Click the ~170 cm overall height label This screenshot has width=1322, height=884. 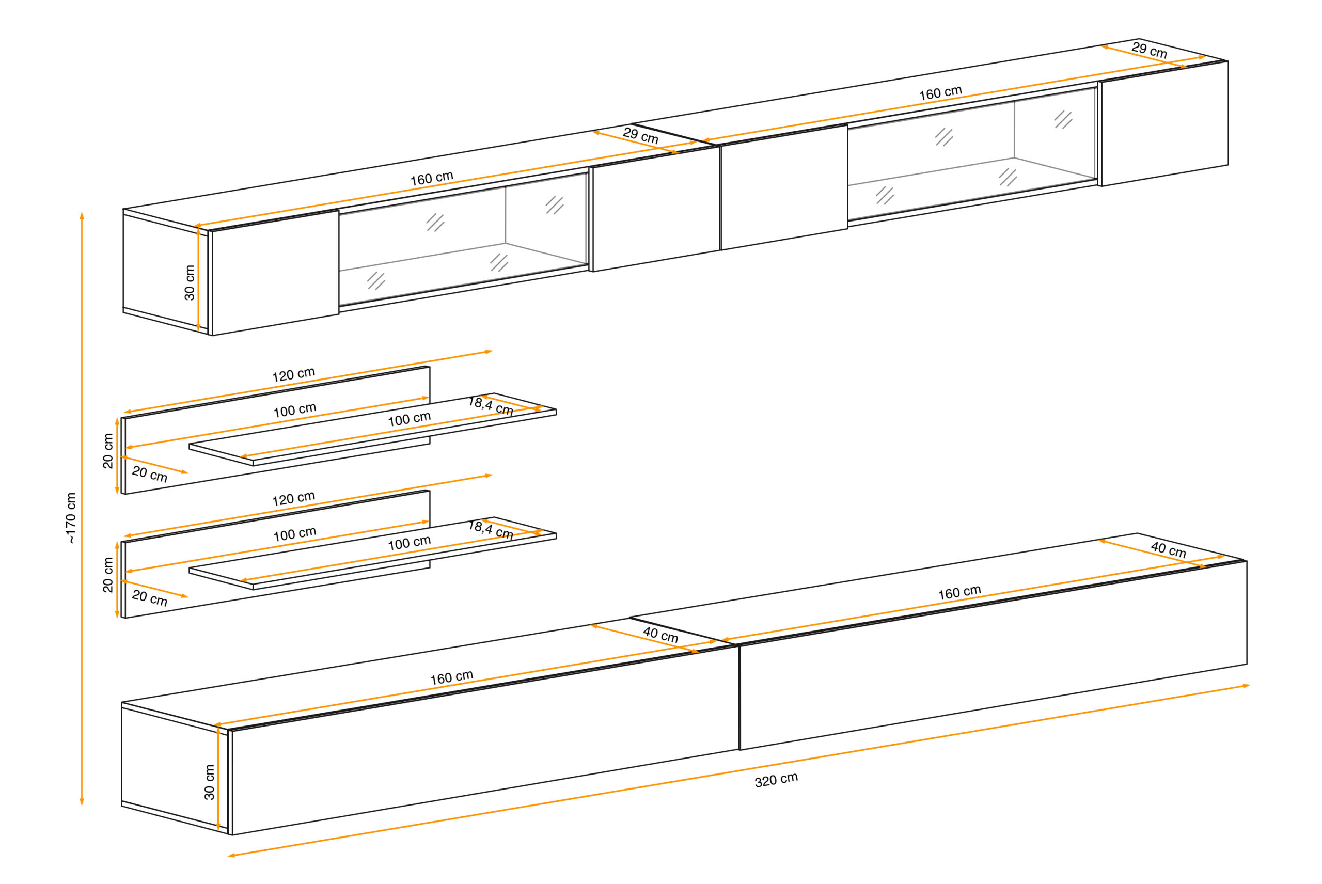[70, 517]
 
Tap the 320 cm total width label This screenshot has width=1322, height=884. [776, 780]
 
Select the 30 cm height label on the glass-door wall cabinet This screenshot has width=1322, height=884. [190, 282]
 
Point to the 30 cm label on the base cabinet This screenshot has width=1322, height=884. [209, 782]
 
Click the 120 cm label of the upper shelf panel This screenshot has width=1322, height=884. [293, 374]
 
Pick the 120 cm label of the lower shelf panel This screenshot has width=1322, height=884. [293, 498]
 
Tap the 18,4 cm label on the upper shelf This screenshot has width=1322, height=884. [491, 405]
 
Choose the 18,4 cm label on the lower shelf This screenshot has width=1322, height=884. [491, 529]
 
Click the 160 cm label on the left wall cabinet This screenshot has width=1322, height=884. [431, 178]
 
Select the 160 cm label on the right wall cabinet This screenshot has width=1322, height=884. [940, 93]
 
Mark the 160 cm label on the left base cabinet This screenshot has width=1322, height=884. [451, 677]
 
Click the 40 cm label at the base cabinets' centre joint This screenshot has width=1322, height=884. [660, 635]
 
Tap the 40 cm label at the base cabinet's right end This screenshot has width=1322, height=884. [1168, 550]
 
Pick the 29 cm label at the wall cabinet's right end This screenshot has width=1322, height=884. [1149, 50]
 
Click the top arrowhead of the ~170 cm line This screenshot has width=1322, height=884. [82, 216]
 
